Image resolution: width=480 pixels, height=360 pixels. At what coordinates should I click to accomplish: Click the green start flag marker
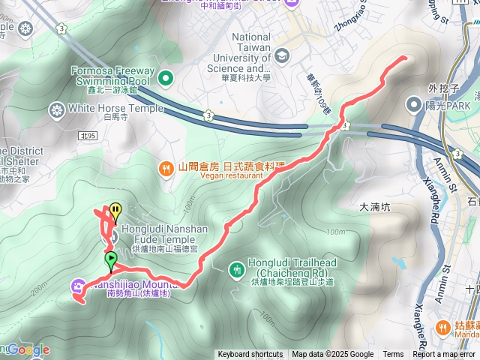[111, 260]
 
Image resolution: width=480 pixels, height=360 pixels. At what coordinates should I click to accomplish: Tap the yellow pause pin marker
[115, 211]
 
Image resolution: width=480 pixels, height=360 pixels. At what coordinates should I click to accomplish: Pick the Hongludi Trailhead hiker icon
[237, 268]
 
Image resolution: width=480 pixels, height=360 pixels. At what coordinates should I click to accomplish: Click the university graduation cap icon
[282, 55]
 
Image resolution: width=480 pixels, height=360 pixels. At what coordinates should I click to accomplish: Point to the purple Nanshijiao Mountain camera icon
[79, 286]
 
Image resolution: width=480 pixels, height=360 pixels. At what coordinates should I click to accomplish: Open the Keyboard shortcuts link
[250, 355]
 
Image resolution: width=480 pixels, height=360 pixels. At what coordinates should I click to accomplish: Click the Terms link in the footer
[393, 355]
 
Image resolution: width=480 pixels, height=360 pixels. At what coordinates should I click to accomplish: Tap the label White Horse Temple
[115, 108]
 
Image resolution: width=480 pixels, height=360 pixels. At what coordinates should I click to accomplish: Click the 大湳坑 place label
[376, 207]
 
